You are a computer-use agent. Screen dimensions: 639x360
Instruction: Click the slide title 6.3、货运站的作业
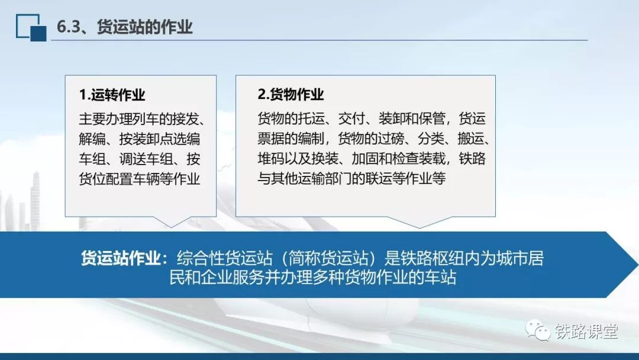click(124, 27)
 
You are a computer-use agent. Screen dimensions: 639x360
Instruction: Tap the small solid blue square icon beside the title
click(38, 33)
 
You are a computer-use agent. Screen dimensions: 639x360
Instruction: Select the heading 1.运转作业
click(112, 95)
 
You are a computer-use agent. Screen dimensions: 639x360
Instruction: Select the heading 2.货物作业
click(291, 94)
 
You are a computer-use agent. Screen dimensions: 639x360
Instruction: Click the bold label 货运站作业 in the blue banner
click(121, 258)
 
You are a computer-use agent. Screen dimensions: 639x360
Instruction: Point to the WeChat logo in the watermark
click(537, 330)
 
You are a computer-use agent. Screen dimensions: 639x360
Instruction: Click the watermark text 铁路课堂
click(586, 331)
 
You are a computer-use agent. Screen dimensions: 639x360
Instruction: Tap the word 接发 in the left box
click(186, 119)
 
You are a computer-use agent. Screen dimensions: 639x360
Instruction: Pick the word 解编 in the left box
click(92, 139)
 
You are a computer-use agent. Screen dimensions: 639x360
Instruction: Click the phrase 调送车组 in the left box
click(146, 159)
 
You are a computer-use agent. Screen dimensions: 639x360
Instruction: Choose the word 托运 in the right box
click(311, 118)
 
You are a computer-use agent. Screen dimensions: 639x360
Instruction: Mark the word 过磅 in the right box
click(391, 139)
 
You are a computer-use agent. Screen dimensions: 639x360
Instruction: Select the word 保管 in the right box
click(431, 118)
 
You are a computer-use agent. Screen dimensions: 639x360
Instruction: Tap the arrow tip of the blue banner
click(637, 265)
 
